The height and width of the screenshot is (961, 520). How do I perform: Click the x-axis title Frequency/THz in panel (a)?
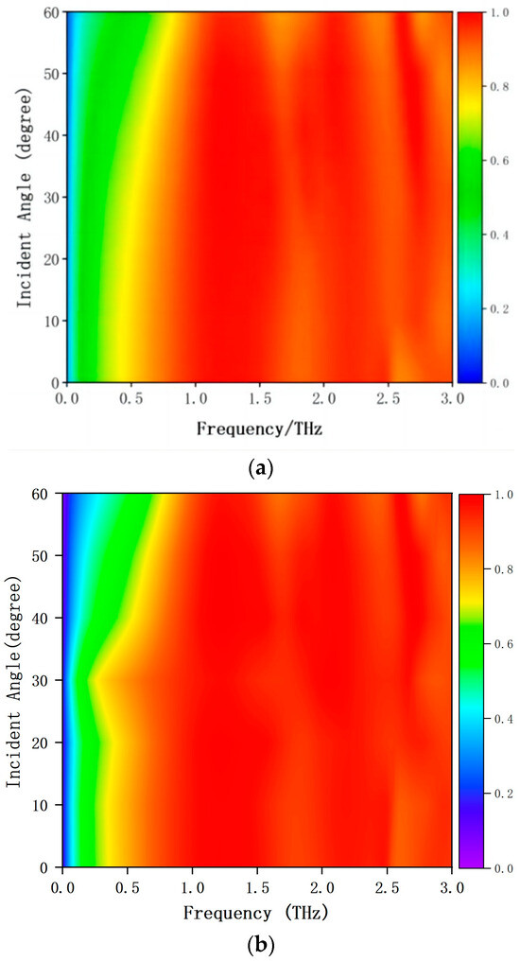point(260,428)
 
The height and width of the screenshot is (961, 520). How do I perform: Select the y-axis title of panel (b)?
point(15,680)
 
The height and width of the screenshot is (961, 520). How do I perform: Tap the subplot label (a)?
point(259,466)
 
